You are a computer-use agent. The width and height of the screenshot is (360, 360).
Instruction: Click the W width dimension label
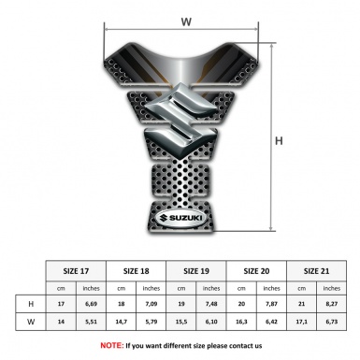pyautogui.click(x=187, y=18)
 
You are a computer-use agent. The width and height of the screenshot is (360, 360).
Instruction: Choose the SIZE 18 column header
pyautogui.click(x=137, y=271)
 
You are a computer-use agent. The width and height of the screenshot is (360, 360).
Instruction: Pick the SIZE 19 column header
pyautogui.click(x=197, y=271)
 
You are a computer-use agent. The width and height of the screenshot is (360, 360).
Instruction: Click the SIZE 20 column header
pyautogui.click(x=257, y=271)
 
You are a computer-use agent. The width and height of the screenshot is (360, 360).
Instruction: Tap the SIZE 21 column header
pyautogui.click(x=317, y=271)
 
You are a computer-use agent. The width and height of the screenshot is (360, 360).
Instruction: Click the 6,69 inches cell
pyautogui.click(x=92, y=305)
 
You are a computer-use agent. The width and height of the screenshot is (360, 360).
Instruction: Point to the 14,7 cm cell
pyautogui.click(x=122, y=323)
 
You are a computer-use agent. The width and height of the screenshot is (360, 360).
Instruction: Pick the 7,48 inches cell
pyautogui.click(x=212, y=305)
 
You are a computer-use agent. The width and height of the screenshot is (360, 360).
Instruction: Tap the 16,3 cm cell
pyautogui.click(x=242, y=323)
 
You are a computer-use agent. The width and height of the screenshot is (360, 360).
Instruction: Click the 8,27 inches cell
pyautogui.click(x=332, y=305)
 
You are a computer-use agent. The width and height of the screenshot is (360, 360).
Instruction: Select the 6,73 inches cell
pyautogui.click(x=332, y=323)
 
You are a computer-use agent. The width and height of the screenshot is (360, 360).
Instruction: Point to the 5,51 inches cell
pyautogui.click(x=92, y=323)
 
